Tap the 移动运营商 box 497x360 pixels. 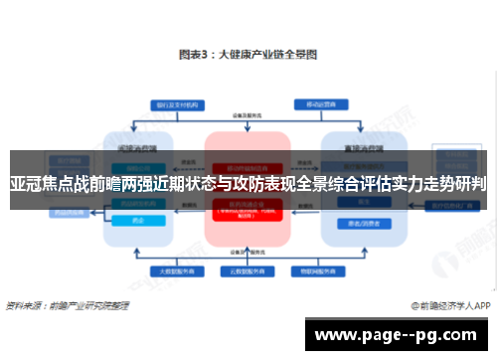(x=322, y=103)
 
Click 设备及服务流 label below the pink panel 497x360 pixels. (x=248, y=249)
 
